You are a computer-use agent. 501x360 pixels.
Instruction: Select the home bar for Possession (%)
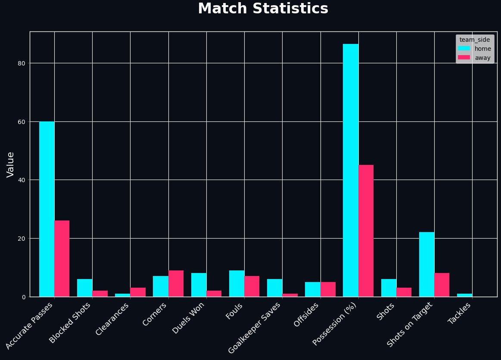351,170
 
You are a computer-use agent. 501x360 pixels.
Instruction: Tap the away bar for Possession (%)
366,231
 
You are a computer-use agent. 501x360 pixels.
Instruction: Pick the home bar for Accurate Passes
47,209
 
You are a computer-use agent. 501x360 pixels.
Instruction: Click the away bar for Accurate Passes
62,258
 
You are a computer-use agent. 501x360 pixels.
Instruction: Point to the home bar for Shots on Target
426,264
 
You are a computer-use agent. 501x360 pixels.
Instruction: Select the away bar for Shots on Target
442,285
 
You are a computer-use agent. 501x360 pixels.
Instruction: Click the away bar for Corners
176,283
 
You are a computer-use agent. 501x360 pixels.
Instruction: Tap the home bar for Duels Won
199,285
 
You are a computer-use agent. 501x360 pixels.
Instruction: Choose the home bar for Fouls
236,283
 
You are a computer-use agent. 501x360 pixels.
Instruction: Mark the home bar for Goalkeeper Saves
274,288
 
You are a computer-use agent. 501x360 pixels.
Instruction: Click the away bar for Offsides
328,289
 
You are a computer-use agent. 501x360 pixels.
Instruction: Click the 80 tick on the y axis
22,63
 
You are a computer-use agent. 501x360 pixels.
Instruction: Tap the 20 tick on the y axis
22,239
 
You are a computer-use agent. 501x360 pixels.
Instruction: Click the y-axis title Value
10,164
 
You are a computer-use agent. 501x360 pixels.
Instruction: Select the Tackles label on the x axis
460,314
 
